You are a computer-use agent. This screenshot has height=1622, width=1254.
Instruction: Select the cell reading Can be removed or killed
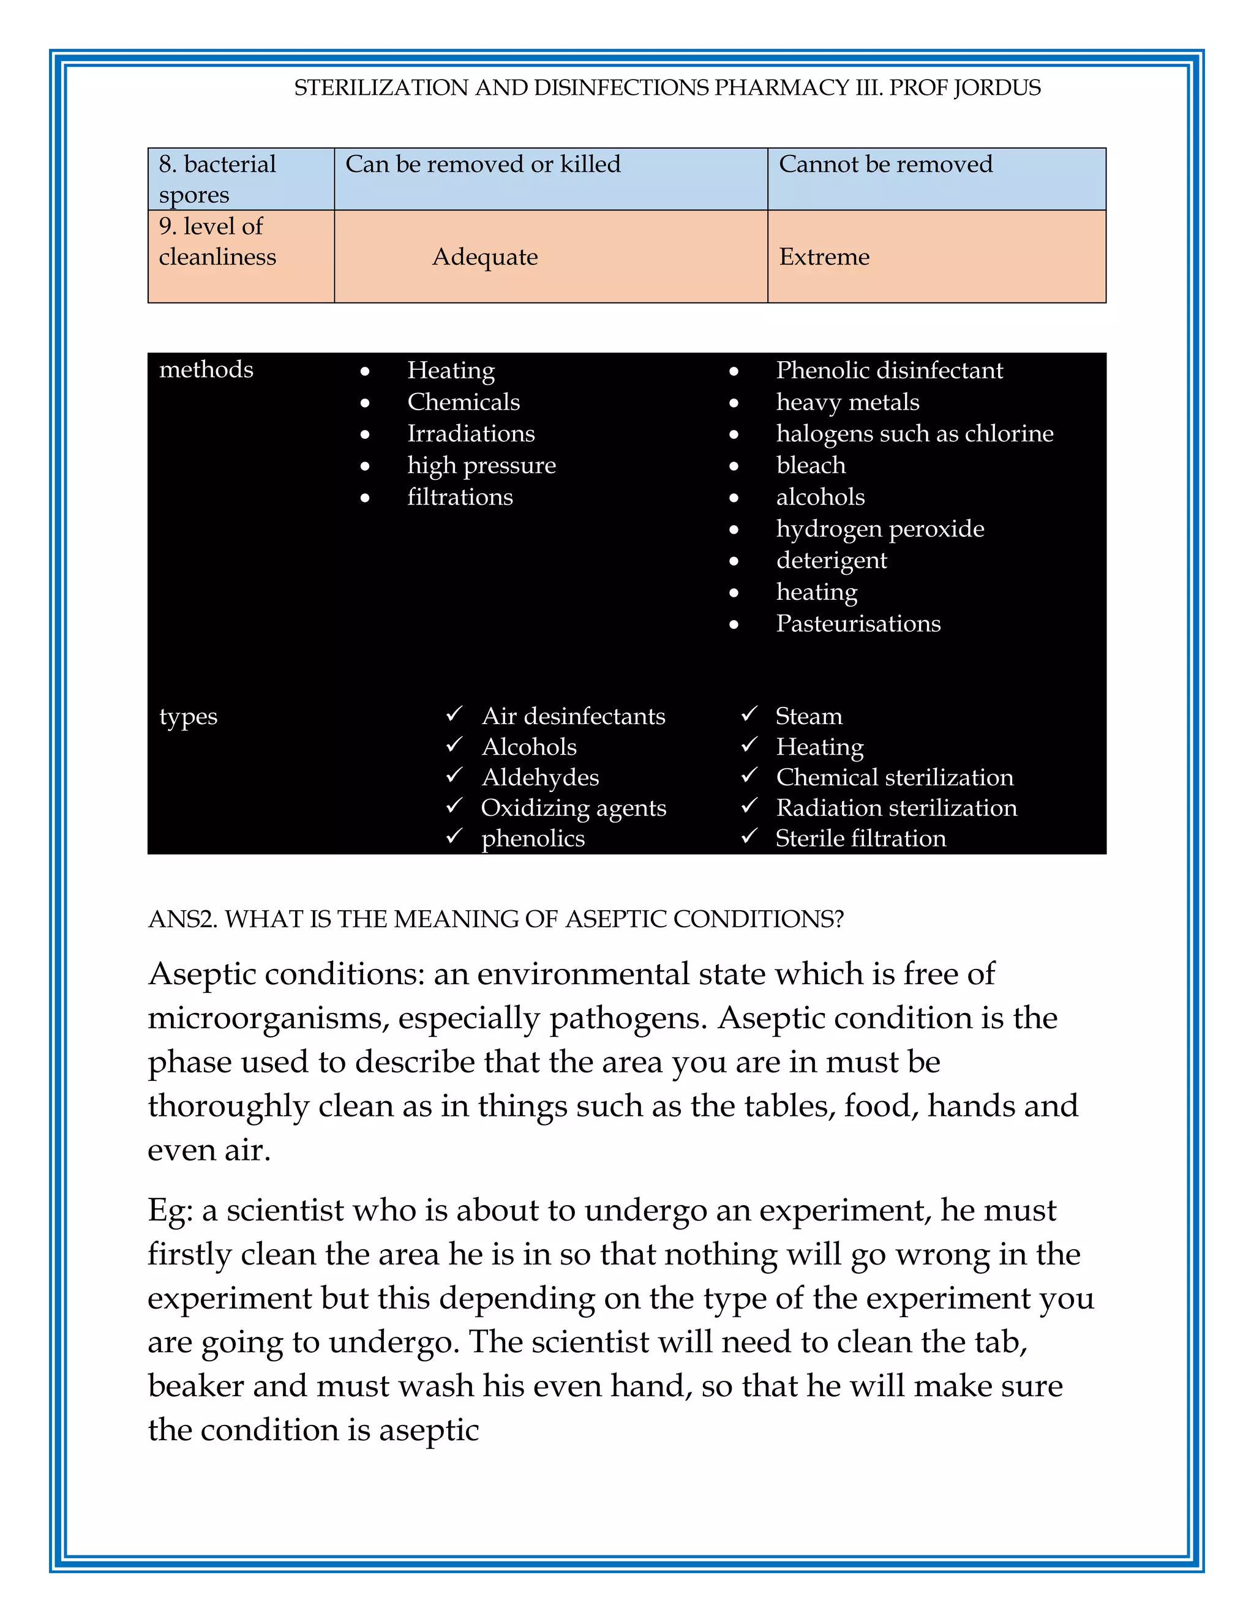click(483, 164)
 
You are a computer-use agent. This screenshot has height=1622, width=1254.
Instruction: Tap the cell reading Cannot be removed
click(885, 164)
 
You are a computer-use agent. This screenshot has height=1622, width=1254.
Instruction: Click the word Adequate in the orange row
click(485, 257)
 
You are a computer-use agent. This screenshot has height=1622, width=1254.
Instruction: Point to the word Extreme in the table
click(824, 257)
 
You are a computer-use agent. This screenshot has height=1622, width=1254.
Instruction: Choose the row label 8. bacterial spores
click(217, 179)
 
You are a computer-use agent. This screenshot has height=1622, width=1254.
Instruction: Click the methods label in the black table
click(206, 369)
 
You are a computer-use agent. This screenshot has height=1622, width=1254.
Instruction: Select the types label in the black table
click(188, 717)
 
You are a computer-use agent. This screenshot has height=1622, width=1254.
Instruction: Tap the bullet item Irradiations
click(470, 434)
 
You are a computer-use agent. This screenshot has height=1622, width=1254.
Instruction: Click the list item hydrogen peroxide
click(880, 529)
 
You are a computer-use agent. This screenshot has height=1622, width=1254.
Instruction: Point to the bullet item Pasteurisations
click(858, 624)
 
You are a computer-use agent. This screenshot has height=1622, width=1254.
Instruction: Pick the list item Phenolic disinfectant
click(889, 370)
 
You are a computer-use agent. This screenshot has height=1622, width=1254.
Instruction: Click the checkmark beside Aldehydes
click(454, 775)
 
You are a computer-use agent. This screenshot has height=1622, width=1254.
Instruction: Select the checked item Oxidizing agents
click(574, 808)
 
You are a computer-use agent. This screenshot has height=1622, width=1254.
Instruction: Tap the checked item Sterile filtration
click(860, 839)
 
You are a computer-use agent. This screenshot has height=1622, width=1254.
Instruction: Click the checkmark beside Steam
click(749, 714)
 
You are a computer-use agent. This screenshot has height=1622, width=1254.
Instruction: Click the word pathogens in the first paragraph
click(628, 1018)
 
